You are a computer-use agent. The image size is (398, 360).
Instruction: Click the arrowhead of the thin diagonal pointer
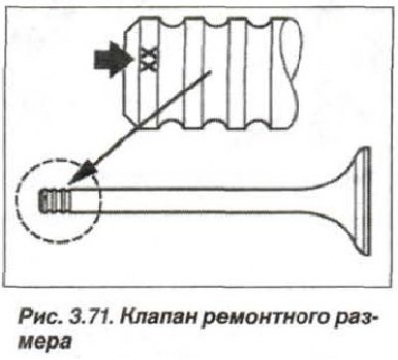tap(84, 171)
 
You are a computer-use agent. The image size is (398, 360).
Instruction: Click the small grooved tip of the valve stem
tap(55, 200)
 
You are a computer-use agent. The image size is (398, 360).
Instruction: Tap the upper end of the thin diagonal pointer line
tap(210, 71)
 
